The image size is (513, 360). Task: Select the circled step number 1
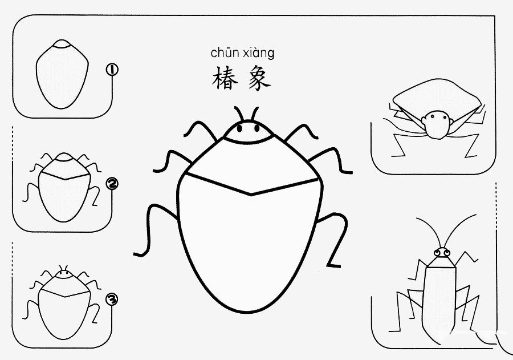112,70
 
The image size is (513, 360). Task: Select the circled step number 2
112,184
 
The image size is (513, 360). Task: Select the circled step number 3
112,298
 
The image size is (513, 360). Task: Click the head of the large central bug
248,132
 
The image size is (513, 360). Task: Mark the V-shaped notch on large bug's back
251,194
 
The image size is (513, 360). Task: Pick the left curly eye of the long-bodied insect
438,252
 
